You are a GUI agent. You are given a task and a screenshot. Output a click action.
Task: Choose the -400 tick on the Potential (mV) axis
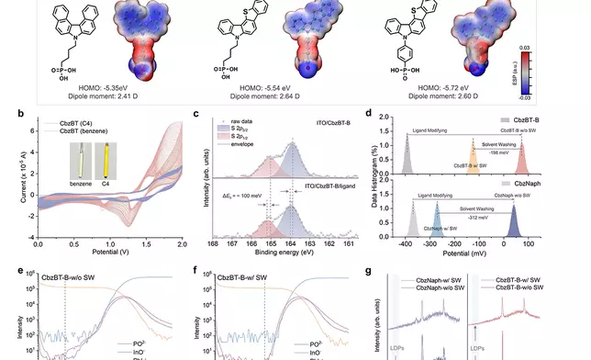point(407,247)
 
